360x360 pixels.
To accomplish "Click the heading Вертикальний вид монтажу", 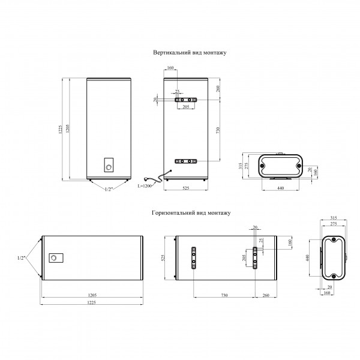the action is tap(190, 53).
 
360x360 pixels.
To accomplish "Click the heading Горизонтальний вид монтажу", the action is tap(191, 213).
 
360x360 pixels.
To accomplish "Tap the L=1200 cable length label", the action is tap(145, 186).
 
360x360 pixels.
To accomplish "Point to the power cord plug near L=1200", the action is tap(146, 179).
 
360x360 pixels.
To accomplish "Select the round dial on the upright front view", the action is tap(109, 167).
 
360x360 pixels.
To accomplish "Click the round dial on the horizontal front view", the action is tap(53, 258).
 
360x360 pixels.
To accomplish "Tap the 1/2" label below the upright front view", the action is tap(109, 190).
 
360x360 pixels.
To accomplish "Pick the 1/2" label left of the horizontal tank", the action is tap(21, 258).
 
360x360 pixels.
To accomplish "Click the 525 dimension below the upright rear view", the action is tap(186, 188).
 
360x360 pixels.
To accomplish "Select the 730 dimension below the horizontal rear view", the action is tap(224, 295).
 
